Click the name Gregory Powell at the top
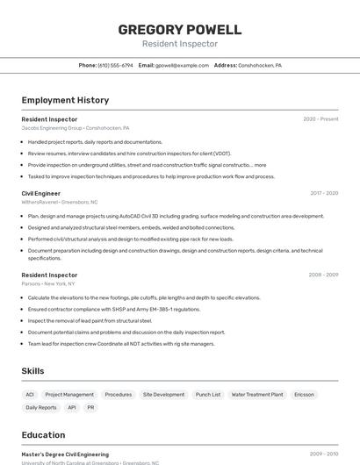tap(180, 30)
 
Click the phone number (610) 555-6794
tap(115, 65)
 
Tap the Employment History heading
tap(65, 100)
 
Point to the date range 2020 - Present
tap(320, 119)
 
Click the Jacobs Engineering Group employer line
tap(75, 127)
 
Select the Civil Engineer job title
tap(41, 193)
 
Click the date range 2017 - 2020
tap(323, 193)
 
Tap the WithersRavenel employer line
tap(60, 202)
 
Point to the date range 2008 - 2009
tap(323, 275)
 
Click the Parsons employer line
tap(48, 283)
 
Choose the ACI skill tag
tap(30, 395)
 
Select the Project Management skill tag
tap(69, 395)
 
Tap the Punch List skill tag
tap(208, 395)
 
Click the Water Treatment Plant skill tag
tap(257, 395)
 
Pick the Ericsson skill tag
tap(304, 395)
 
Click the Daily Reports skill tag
tap(41, 407)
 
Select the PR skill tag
tap(90, 407)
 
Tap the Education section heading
tap(43, 435)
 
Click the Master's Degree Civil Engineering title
tap(65, 454)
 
